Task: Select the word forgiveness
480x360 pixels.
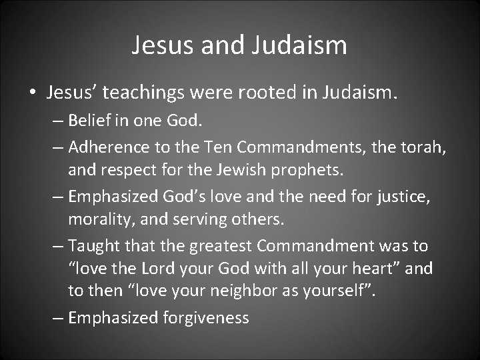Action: pos(205,317)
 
